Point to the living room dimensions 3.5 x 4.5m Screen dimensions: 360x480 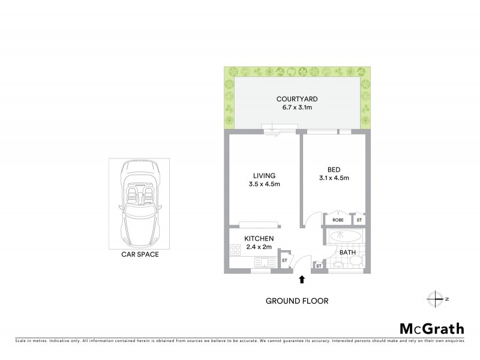[x=263, y=184]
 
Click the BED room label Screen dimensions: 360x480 [x=334, y=169]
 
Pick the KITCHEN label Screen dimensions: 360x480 [x=259, y=239]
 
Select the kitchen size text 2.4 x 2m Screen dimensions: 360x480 [x=259, y=247]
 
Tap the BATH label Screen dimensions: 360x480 [x=348, y=253]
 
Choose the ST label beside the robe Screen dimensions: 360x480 [x=359, y=220]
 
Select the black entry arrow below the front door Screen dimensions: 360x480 [x=302, y=279]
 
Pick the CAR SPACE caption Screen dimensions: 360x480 [x=139, y=254]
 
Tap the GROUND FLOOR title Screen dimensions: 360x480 [x=297, y=301]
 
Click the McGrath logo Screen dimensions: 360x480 [x=432, y=328]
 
